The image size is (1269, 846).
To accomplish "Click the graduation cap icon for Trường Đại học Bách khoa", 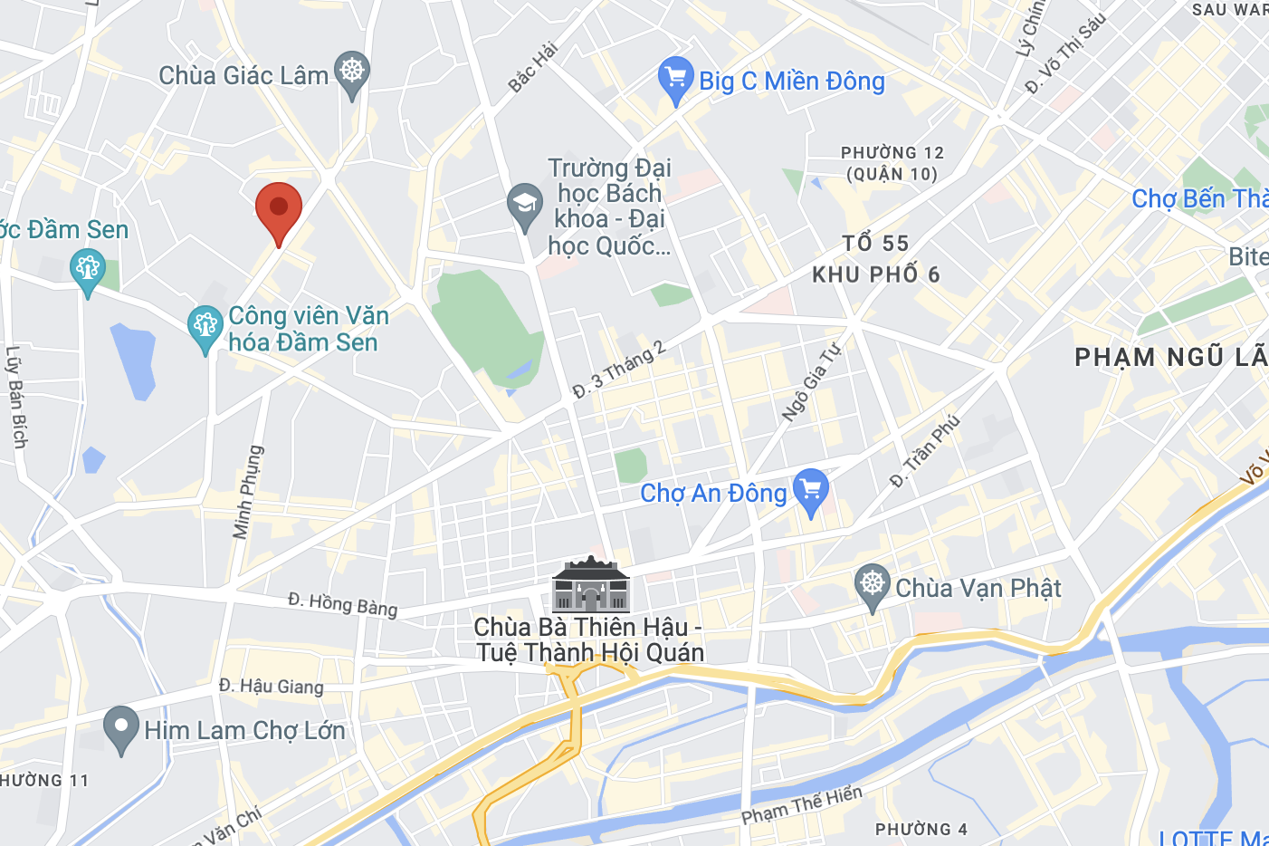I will [524, 206].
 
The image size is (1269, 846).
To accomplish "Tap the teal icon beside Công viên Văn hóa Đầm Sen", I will [205, 327].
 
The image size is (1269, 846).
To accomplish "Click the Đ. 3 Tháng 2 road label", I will [619, 370].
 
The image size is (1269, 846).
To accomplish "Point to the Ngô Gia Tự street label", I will [811, 381].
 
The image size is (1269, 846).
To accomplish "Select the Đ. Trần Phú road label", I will [924, 450].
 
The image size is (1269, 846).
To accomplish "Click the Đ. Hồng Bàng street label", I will [343, 603].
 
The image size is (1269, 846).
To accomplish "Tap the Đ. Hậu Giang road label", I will [271, 686].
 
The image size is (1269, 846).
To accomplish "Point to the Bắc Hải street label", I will [532, 67].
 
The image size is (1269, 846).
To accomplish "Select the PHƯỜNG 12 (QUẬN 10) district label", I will [892, 163].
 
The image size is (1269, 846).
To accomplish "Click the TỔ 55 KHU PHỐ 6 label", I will [875, 259].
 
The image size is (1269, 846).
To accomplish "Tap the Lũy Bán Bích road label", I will [16, 397].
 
